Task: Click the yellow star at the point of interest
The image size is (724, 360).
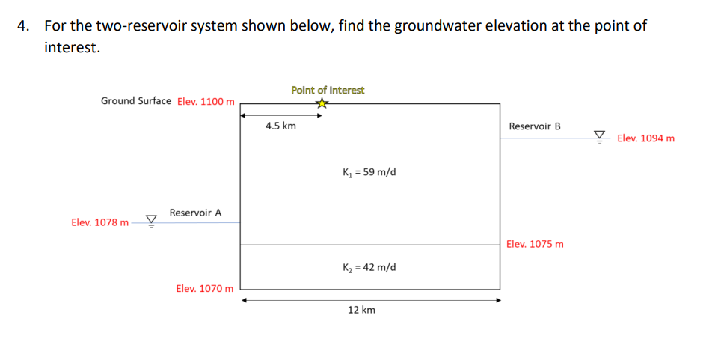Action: click(322, 103)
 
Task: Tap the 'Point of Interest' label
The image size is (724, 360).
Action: click(328, 90)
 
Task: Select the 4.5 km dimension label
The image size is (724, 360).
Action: click(280, 126)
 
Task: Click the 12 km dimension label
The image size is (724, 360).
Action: click(361, 309)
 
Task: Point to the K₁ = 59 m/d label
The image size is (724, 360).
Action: click(369, 172)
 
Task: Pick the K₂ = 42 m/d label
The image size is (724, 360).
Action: click(369, 267)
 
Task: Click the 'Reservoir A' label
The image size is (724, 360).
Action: click(195, 213)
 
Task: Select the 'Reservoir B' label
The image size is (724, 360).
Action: click(534, 126)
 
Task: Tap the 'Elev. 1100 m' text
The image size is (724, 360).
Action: click(206, 101)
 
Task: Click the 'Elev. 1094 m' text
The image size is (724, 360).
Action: click(645, 138)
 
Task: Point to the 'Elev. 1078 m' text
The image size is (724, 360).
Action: click(99, 222)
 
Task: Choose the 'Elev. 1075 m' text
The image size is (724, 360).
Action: click(535, 244)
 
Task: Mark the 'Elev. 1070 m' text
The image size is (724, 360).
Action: click(204, 288)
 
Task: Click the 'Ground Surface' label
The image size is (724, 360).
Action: click(135, 100)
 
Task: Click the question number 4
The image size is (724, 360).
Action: click(24, 26)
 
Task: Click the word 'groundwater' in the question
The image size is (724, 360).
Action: click(438, 26)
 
